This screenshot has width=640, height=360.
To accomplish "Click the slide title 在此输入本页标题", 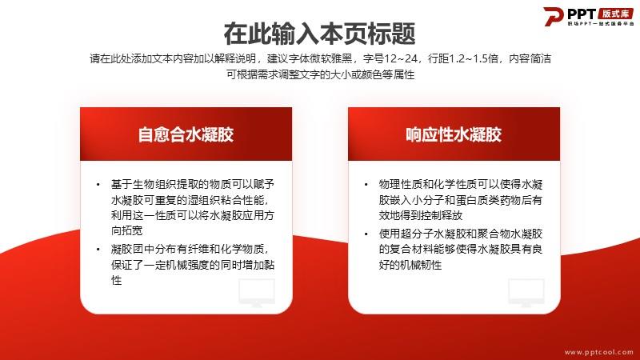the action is point(319,34).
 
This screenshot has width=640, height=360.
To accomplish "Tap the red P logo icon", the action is point(553,16).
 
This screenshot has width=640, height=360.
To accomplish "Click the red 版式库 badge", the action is point(616,14).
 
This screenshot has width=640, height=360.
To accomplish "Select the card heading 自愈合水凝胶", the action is point(186,134).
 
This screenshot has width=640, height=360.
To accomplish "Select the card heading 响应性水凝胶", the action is point(454,134).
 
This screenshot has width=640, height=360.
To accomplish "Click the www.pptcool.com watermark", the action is point(598,352).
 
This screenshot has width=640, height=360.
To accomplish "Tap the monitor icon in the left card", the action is point(257,292).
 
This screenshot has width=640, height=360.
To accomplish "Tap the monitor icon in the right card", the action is point(526,292).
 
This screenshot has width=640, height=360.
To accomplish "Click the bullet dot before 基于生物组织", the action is point(98,185).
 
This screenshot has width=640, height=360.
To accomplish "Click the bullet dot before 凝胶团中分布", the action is point(98,250).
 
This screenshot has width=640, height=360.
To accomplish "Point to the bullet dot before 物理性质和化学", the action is point(366,185).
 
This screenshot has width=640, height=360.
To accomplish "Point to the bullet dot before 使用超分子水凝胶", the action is point(366,234).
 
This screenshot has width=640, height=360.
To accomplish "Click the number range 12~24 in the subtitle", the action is point(402,58).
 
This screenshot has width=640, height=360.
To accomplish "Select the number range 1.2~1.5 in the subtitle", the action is point(474,58).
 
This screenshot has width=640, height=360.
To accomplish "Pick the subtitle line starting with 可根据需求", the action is point(321,74).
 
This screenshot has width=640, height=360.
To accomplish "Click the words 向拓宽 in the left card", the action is point(126,230).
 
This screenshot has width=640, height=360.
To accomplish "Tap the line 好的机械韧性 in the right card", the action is point(410,265).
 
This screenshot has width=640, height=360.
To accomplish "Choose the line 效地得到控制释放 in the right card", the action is point(421,215).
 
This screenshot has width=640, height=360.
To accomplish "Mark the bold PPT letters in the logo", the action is point(582,14).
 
